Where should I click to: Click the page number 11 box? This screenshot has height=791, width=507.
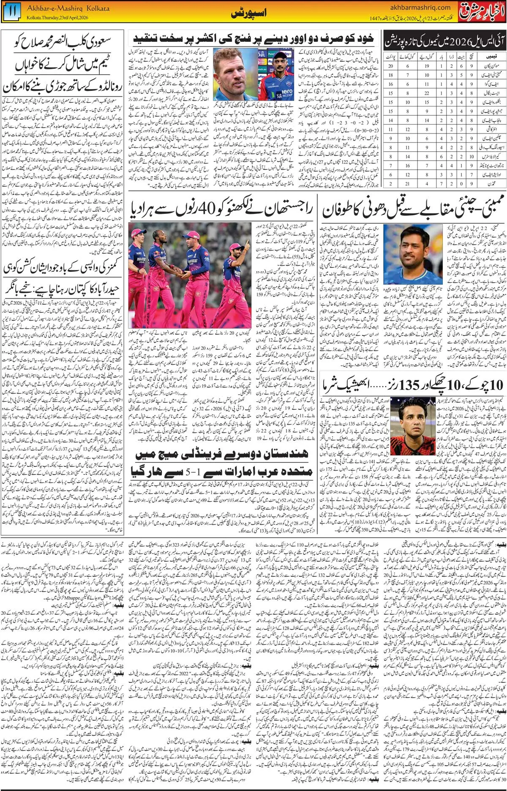click(11, 11)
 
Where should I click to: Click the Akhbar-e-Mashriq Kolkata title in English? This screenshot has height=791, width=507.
click(68, 8)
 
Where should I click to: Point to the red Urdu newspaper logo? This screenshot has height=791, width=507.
click(482, 11)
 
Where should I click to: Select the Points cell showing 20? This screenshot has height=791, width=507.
click(390, 66)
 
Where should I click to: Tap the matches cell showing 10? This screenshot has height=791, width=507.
click(472, 156)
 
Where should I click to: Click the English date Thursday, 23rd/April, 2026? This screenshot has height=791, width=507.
click(57, 18)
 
